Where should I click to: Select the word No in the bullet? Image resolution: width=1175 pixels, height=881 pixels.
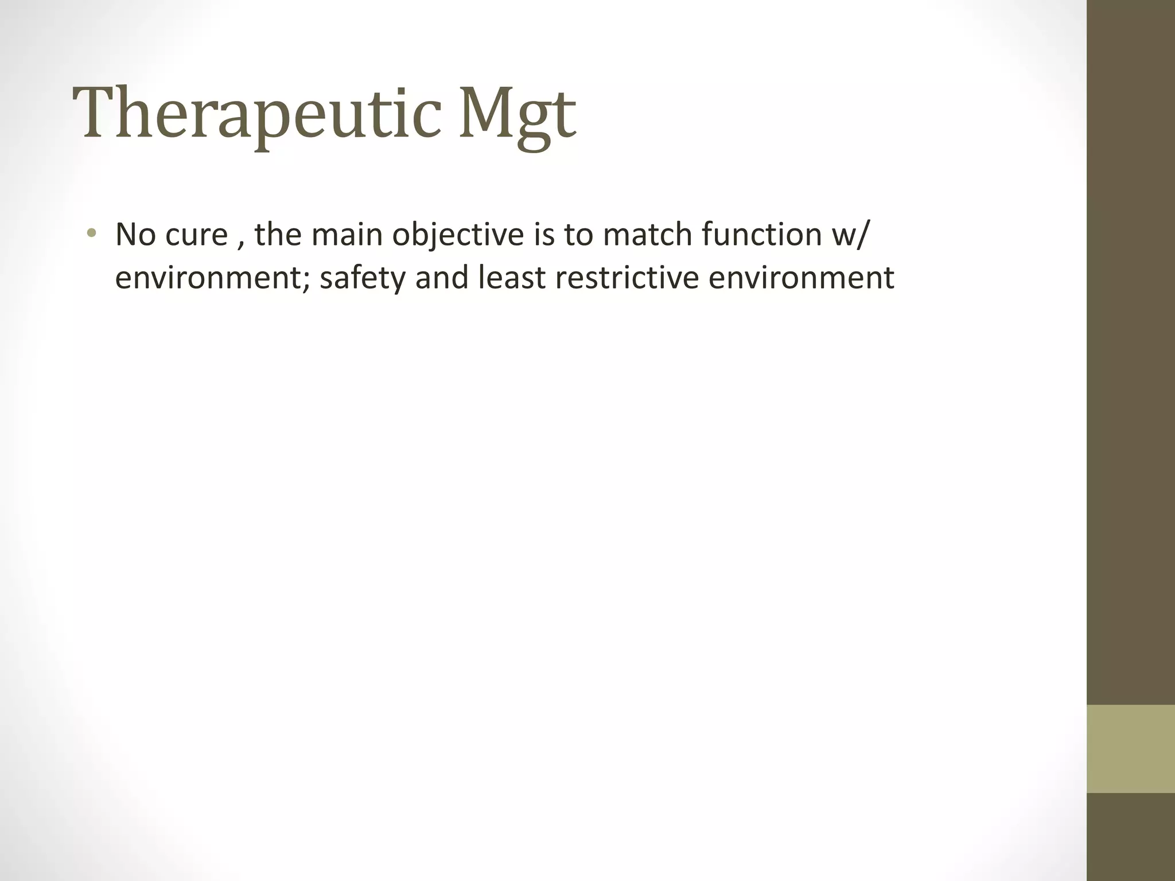click(x=135, y=235)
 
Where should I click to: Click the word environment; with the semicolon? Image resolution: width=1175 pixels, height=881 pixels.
click(x=213, y=279)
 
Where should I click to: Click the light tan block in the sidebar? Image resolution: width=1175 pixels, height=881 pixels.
click(x=1131, y=749)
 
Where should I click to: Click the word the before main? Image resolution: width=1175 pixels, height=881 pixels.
click(x=278, y=235)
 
